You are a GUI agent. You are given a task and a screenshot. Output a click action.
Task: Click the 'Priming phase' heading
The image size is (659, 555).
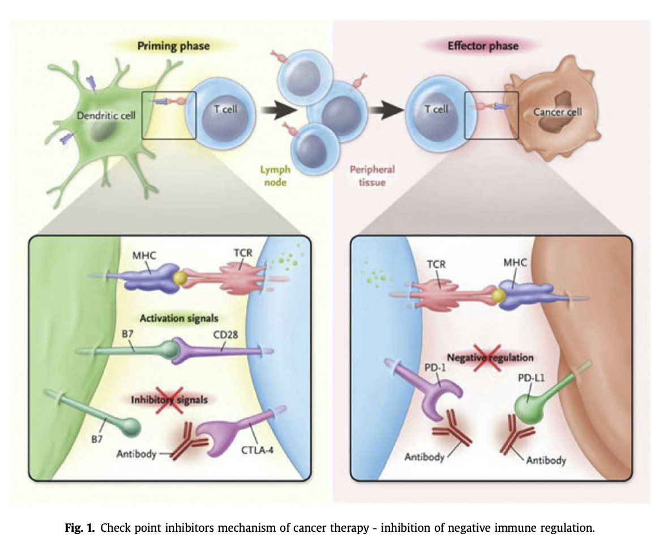point(173,46)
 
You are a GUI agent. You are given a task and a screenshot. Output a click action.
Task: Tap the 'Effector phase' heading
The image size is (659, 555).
point(482,45)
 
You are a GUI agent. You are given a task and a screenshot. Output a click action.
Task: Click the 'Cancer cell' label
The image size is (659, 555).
point(557,112)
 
